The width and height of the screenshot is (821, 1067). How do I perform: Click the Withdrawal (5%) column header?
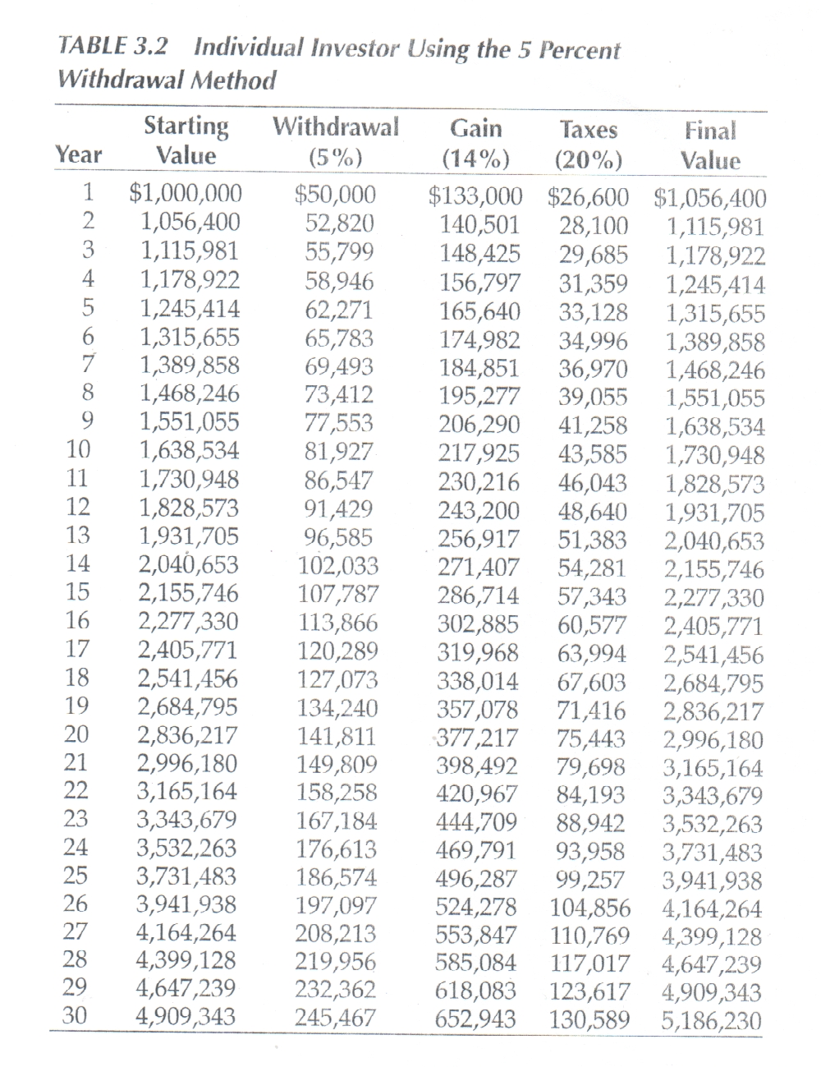point(335,140)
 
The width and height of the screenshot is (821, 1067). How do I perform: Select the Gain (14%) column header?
point(475,143)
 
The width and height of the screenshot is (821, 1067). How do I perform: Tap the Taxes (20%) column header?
point(588,144)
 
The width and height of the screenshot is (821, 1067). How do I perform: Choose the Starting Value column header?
point(186,140)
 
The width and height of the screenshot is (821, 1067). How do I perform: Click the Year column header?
point(79,154)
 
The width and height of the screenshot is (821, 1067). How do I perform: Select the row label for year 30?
point(76,1015)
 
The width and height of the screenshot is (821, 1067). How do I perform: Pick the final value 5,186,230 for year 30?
point(711,1021)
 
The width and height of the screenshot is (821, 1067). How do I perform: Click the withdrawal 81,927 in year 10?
point(339,450)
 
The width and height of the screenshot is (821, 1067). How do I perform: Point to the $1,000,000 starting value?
point(186,193)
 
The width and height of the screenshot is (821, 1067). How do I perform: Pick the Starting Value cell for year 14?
point(188,564)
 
